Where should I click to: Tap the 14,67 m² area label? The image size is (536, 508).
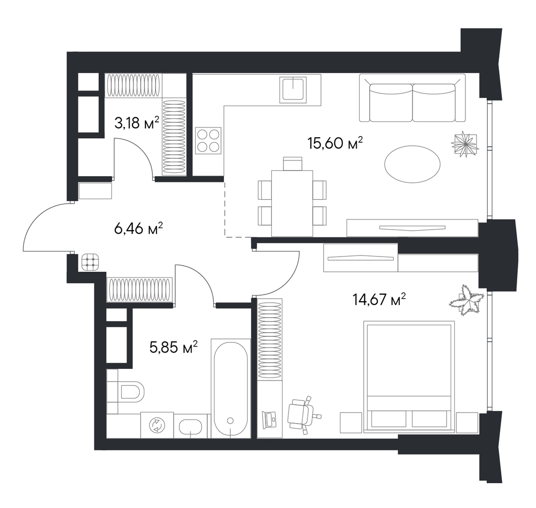(379, 300)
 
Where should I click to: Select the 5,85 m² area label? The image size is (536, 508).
(174, 347)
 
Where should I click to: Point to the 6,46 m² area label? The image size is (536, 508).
(138, 229)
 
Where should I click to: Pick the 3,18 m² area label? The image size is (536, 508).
(137, 123)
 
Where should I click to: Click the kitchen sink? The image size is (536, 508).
(293, 89)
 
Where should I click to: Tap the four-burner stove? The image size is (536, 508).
(208, 140)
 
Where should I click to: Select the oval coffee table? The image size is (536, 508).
(412, 164)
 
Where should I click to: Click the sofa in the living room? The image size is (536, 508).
(412, 98)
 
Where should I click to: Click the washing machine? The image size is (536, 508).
(157, 425)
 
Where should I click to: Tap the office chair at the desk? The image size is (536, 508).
(302, 414)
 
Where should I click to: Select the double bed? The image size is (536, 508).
(409, 376)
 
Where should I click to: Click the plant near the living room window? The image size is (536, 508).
(464, 144)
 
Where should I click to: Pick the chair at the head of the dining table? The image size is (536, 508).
(293, 164)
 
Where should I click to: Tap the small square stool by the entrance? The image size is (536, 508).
(90, 262)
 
